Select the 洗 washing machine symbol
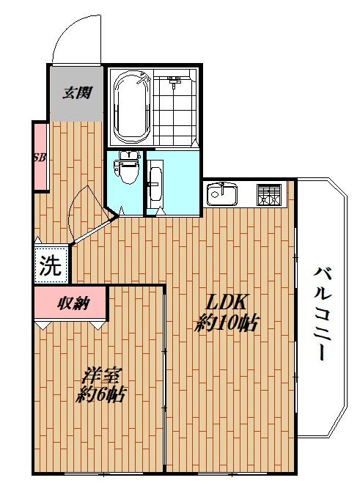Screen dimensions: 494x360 tap(51, 265)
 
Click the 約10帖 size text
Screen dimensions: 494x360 tap(227, 323)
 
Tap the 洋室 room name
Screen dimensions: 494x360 tap(100, 375)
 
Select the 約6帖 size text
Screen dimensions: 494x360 tap(100, 395)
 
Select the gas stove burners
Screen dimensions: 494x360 tap(269, 195)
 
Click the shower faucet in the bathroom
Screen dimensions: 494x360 tap(175, 78)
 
